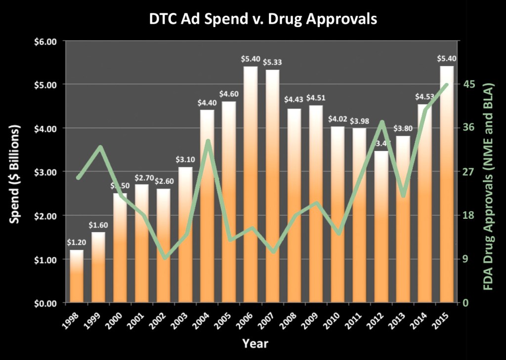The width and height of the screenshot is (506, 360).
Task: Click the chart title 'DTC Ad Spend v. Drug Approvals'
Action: click(263, 19)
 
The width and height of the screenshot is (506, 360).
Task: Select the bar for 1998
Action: click(77, 277)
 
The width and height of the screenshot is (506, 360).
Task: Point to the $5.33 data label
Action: click(272, 62)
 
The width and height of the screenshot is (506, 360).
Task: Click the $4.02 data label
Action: click(337, 119)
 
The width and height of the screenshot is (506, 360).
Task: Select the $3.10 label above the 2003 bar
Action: click(185, 160)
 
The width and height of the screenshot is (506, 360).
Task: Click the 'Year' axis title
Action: click(255, 343)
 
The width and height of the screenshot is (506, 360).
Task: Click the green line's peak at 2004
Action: click(208, 141)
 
